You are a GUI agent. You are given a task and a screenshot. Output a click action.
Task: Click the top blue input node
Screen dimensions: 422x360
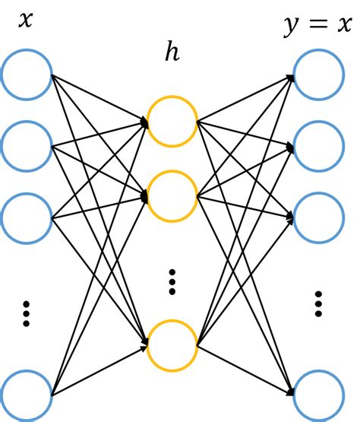pos(27,75)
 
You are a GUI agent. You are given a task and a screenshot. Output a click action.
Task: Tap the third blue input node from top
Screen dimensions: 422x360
pos(27,217)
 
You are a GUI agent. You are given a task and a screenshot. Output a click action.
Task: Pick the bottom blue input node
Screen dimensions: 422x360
pos(27,395)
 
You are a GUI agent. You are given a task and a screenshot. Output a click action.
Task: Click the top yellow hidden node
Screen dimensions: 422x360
pos(172,121)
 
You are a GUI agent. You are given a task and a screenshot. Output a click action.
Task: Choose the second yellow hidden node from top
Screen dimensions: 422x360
pos(172,195)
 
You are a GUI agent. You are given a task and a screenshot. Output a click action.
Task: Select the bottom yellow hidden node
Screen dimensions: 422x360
pos(172,346)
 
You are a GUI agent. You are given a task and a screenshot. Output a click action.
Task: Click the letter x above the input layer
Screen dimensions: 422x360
pos(26,20)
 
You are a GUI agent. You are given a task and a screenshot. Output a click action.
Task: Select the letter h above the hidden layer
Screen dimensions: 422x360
pos(172,53)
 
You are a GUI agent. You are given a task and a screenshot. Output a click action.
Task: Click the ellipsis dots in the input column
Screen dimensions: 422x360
pos(27,313)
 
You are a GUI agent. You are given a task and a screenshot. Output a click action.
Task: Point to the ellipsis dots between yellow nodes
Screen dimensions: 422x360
pos(172,281)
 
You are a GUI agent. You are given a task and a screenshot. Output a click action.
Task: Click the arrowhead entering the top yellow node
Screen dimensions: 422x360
pos(144,121)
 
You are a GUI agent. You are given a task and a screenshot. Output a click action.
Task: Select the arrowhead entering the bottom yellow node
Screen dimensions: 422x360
pos(144,347)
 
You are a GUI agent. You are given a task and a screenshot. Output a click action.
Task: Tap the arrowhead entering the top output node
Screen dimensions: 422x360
pos(290,76)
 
